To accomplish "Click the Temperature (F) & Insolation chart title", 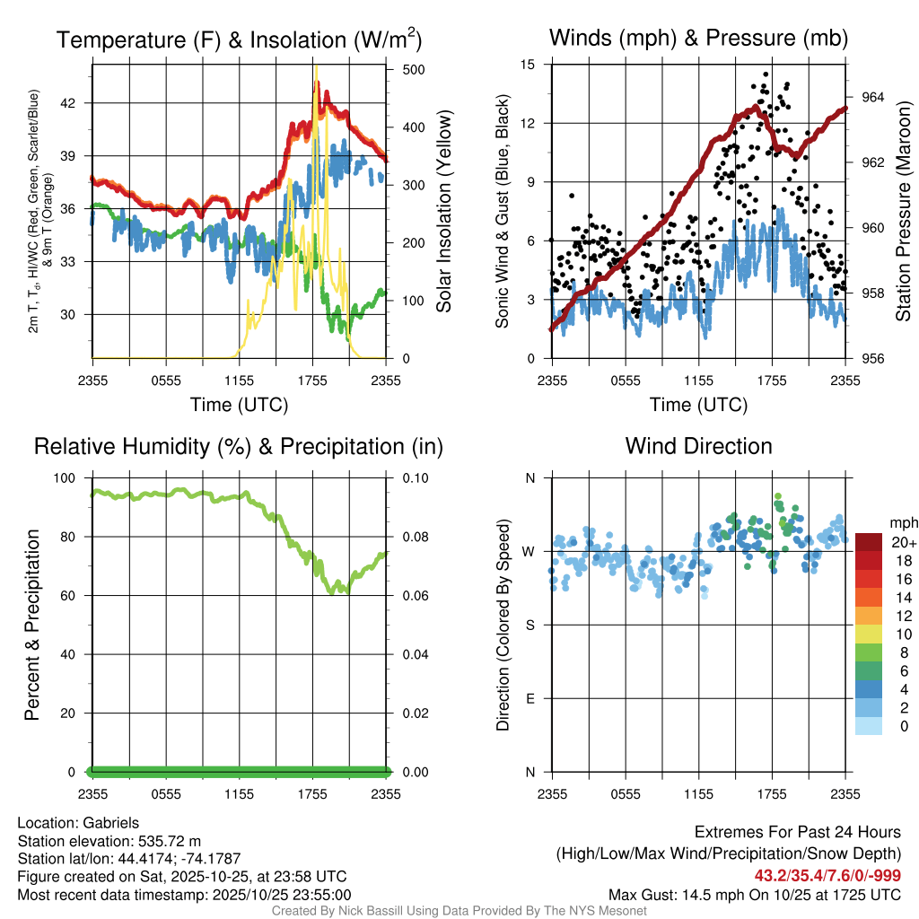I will coord(240,39).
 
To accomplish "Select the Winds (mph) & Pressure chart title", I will coord(698,38).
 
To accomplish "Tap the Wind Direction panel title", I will coord(698,446).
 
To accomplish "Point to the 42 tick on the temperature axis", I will coord(78,103).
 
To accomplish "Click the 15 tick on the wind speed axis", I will coord(529,65).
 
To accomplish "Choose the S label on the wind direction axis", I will coord(530,625).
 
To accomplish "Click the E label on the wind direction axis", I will coord(530,698).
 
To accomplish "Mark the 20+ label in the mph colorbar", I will coord(904,543).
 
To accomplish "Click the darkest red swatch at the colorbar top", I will coord(869,542).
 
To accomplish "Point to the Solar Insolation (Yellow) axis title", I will coord(444,212).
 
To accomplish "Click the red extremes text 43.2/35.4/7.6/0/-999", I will coord(827,876).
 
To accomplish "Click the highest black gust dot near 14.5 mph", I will coord(766,74).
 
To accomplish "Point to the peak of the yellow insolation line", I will coord(316,81).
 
